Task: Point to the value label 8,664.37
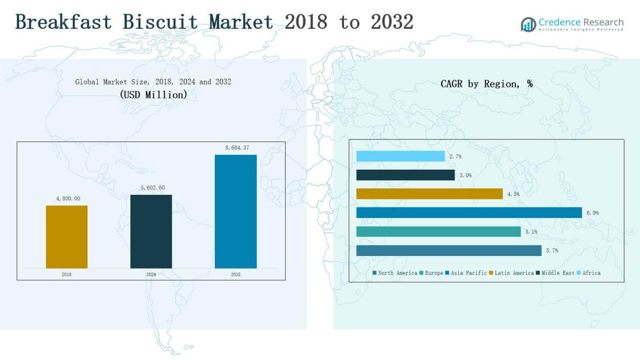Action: pyautogui.click(x=237, y=148)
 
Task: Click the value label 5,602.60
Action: pyautogui.click(x=152, y=188)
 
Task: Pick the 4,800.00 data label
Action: pyautogui.click(x=68, y=198)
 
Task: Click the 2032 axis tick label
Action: pyautogui.click(x=236, y=275)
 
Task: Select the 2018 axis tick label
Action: pyautogui.click(x=67, y=275)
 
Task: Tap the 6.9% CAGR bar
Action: pyautogui.click(x=469, y=213)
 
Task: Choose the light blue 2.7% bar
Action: pyautogui.click(x=400, y=157)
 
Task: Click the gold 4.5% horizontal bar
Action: pyautogui.click(x=429, y=194)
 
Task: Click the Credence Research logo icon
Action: pyautogui.click(x=528, y=24)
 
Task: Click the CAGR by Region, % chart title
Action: pyautogui.click(x=486, y=84)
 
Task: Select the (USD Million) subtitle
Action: pyautogui.click(x=153, y=94)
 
